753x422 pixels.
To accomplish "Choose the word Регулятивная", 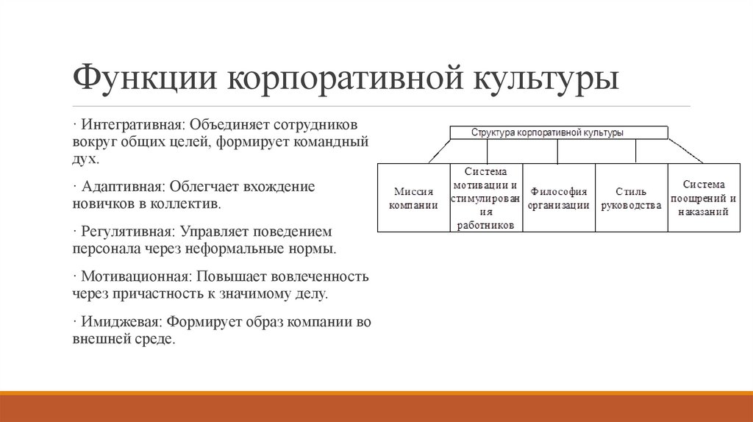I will click(126, 232).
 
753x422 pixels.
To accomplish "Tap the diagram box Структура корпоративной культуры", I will click(559, 133).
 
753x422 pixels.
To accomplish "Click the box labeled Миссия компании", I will click(413, 198).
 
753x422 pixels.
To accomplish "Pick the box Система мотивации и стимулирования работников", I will click(486, 198).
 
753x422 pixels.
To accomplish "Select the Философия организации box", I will click(559, 198).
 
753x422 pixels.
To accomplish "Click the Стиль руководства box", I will click(631, 198).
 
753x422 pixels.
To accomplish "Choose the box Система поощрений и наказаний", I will click(704, 198).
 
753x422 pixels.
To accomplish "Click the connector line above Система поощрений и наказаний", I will click(687, 151).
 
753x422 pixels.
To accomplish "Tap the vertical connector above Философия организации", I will click(558, 151).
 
